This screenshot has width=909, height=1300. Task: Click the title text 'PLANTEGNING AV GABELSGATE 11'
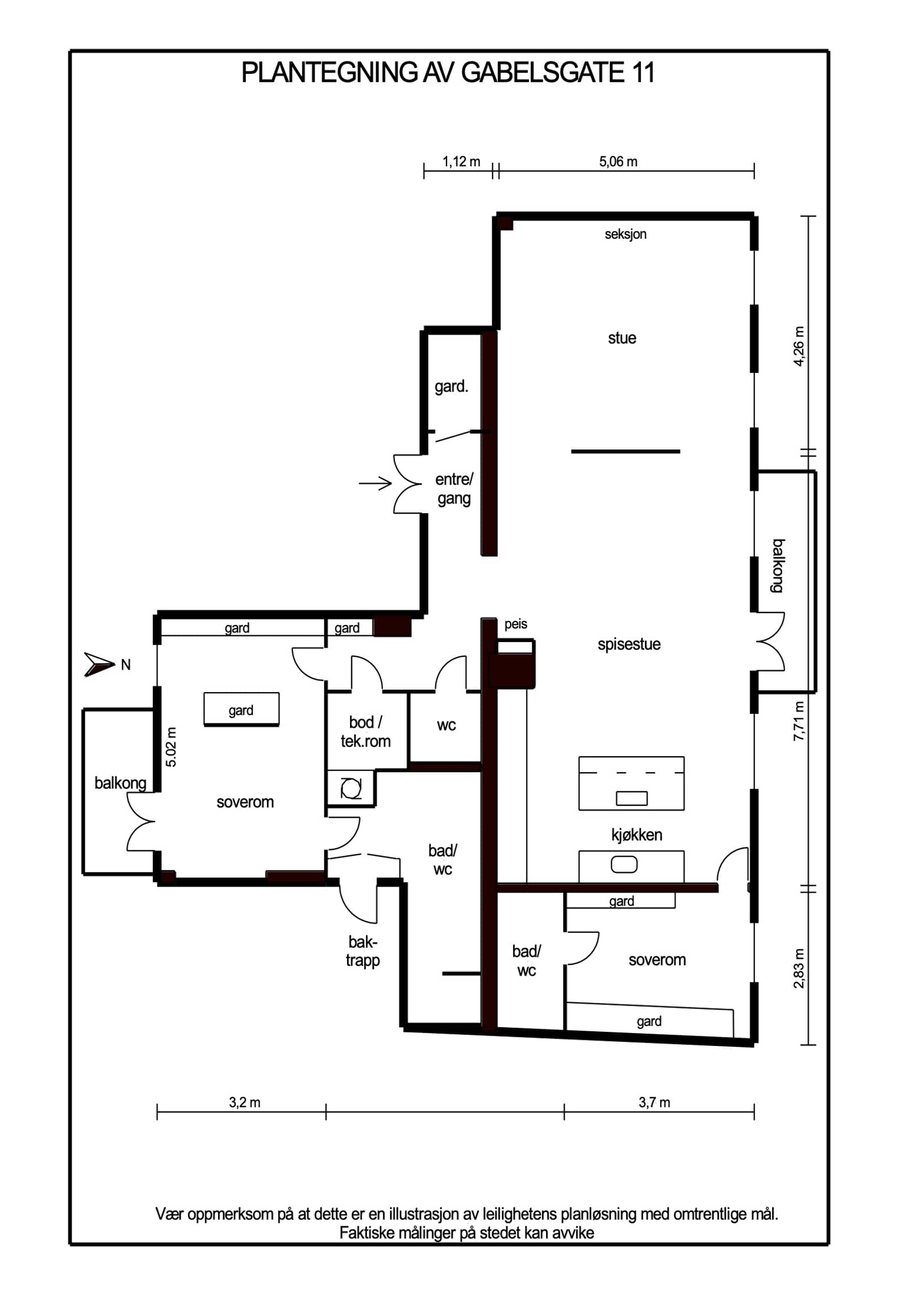(x=448, y=72)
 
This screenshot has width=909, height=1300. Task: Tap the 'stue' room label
(x=622, y=338)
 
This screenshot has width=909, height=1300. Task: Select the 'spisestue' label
(x=629, y=644)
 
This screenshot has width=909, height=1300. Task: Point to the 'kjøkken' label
(x=636, y=835)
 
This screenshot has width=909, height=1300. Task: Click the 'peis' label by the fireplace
(x=516, y=624)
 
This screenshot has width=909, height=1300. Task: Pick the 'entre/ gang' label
(x=454, y=489)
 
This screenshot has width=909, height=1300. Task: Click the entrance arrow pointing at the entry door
(x=375, y=484)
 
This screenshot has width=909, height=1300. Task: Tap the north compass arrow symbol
(x=99, y=664)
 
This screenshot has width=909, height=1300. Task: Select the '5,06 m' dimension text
(x=618, y=162)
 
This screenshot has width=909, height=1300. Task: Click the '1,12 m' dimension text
(x=461, y=162)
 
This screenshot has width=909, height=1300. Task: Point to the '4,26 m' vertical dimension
(x=799, y=346)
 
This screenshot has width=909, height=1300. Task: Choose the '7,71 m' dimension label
(x=799, y=721)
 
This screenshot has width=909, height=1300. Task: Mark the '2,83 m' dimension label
(x=799, y=968)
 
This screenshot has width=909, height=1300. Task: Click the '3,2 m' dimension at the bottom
(x=244, y=1103)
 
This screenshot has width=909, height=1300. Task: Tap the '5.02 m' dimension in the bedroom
(x=171, y=747)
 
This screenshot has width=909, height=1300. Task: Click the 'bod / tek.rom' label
(x=365, y=731)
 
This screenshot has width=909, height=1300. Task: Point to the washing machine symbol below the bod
(x=351, y=789)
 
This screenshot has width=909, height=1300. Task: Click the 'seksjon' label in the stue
(x=626, y=234)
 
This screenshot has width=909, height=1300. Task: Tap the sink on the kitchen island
(x=632, y=798)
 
